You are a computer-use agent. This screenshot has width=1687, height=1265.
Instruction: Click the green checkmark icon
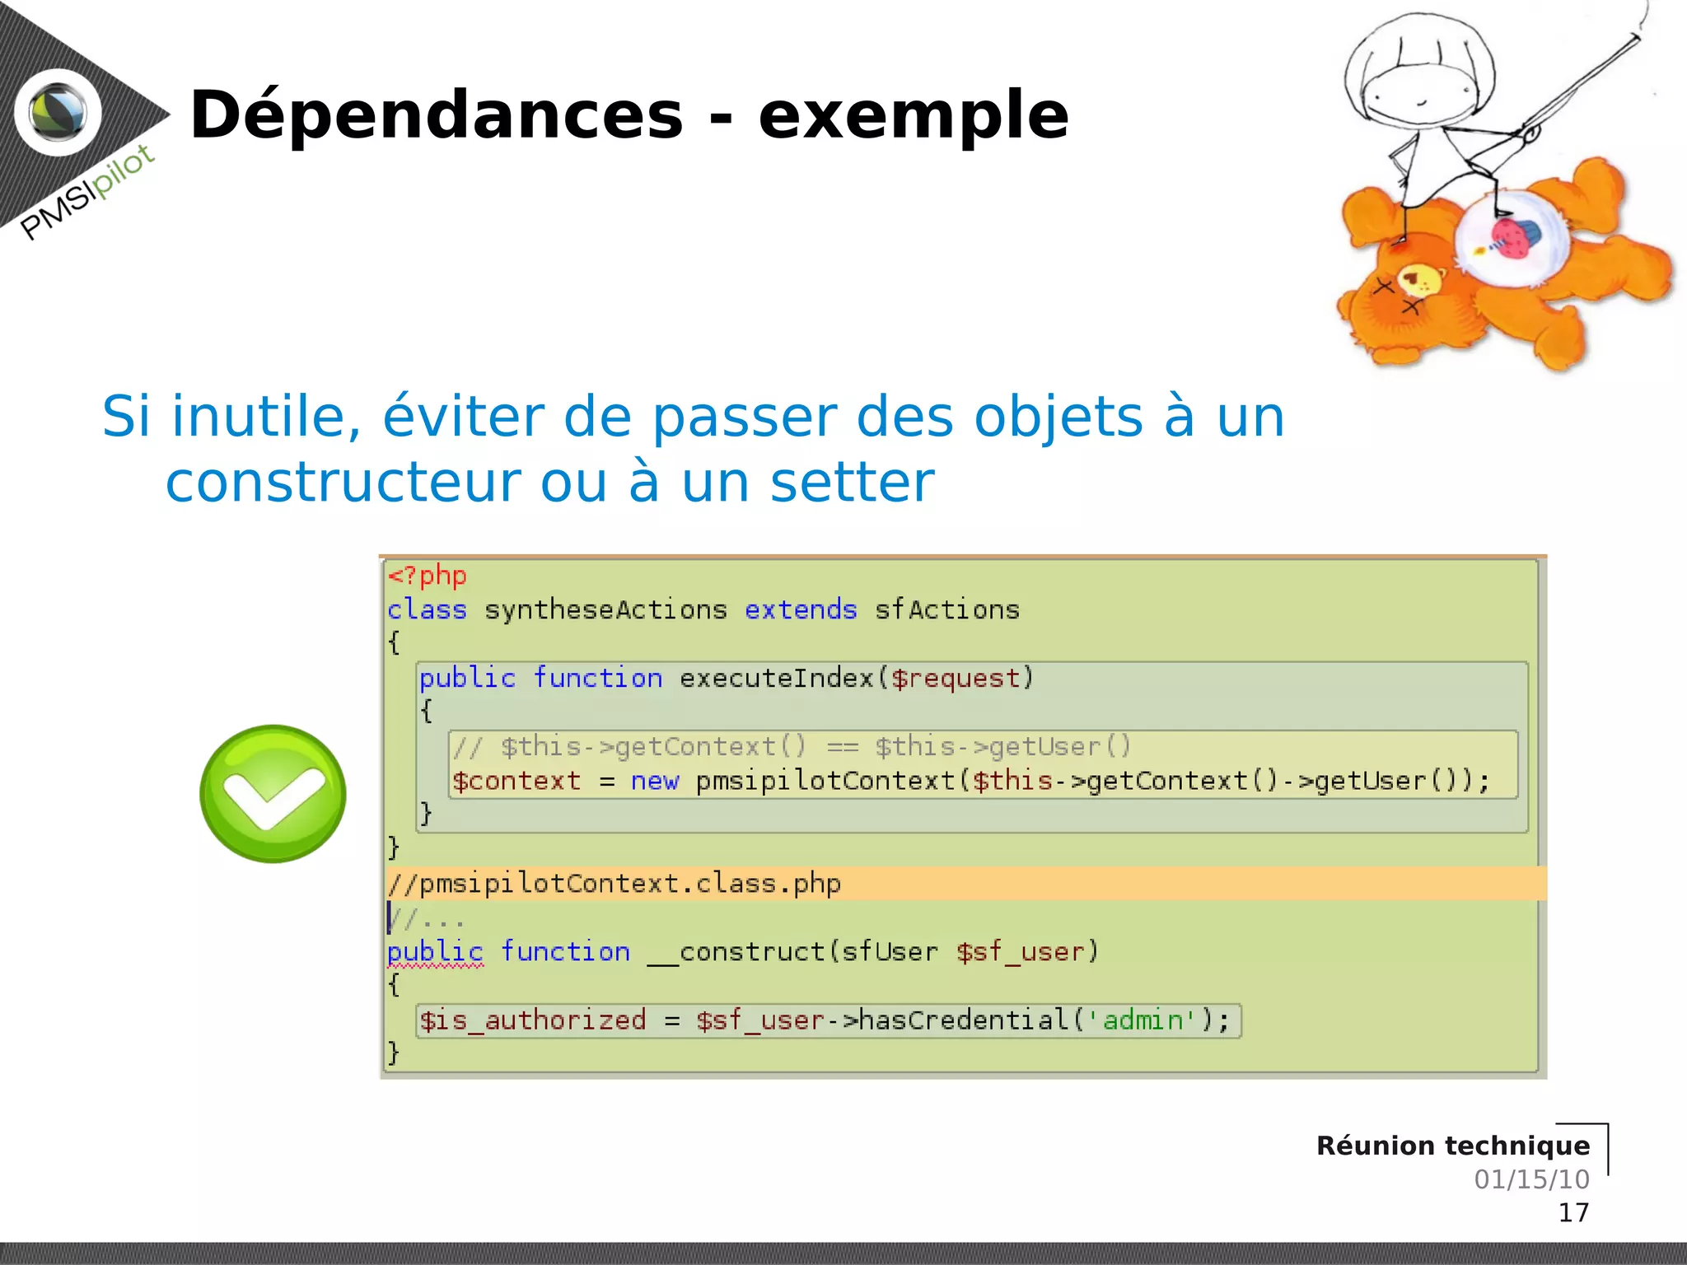(x=273, y=793)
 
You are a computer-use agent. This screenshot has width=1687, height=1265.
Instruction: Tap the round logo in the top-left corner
(x=58, y=113)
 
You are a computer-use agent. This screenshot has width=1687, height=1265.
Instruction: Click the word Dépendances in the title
(x=437, y=115)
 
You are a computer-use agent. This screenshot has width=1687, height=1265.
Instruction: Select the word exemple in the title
(x=913, y=115)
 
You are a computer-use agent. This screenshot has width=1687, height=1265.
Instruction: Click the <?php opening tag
(x=428, y=575)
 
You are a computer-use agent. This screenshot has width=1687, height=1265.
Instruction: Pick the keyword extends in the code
(x=801, y=609)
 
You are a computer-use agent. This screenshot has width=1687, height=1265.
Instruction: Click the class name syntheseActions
(x=605, y=609)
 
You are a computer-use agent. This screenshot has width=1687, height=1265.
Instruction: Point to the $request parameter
(x=956, y=678)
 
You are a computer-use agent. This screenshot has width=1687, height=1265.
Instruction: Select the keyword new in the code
(x=655, y=781)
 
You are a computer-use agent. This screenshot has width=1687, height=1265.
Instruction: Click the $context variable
(x=516, y=781)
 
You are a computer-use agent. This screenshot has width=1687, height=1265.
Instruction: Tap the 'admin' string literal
(x=1141, y=1020)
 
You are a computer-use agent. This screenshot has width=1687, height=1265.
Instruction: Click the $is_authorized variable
(x=532, y=1020)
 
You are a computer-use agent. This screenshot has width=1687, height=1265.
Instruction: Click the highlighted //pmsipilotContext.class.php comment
(x=615, y=884)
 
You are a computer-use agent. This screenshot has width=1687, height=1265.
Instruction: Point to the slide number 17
(x=1573, y=1212)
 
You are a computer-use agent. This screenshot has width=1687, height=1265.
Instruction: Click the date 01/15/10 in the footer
(x=1531, y=1179)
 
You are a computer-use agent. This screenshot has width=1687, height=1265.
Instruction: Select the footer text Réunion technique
(x=1453, y=1146)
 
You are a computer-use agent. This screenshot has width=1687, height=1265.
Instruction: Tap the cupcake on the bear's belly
(x=1516, y=237)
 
